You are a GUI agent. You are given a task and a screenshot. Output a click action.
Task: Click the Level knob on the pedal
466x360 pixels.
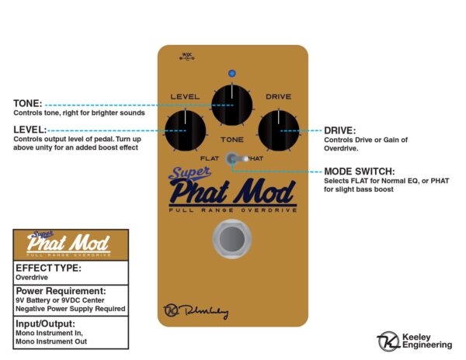click(x=186, y=130)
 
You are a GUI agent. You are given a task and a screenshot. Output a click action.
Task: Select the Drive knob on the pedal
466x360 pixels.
click(x=278, y=130)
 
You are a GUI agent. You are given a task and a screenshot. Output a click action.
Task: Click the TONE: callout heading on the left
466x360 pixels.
click(x=27, y=102)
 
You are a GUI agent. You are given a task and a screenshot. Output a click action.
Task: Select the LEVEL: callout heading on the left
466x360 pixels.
click(x=30, y=129)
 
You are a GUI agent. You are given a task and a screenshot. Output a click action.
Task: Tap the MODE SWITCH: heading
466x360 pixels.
click(x=358, y=171)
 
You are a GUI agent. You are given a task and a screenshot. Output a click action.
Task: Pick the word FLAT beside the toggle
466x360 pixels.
click(x=208, y=158)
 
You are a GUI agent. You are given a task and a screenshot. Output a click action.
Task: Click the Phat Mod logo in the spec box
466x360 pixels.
click(x=70, y=242)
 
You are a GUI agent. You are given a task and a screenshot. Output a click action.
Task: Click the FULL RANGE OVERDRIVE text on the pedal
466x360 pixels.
click(x=232, y=209)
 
